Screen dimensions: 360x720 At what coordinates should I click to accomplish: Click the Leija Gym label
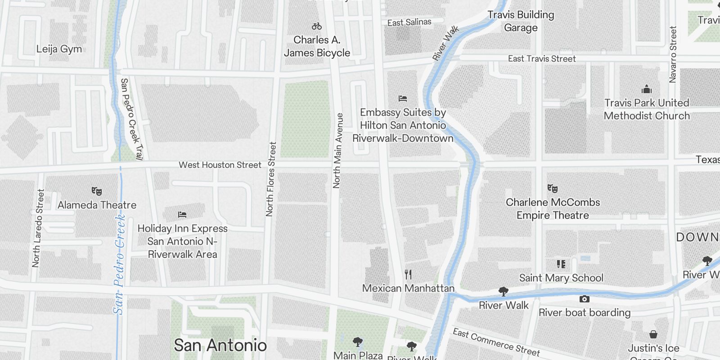point(59,49)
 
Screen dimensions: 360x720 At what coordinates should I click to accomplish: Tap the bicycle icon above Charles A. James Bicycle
point(317,27)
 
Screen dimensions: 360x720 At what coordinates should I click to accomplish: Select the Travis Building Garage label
point(521,21)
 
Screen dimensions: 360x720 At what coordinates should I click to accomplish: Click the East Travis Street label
point(542,59)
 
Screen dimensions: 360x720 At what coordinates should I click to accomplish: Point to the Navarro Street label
point(673,54)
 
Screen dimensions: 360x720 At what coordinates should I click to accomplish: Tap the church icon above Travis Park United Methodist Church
point(647,89)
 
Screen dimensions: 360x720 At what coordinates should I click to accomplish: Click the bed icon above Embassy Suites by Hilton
point(403,99)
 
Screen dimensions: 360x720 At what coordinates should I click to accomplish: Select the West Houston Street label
point(220,165)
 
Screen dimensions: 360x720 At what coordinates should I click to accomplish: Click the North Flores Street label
point(271,179)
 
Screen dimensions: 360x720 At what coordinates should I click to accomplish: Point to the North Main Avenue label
point(337,150)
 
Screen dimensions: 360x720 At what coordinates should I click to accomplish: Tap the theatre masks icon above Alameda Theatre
point(96,191)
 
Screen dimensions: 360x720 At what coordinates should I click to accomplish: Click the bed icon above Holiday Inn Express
point(182,215)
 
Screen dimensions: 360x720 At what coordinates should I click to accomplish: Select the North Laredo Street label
point(38,228)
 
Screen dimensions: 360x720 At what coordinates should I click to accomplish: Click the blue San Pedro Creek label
point(119,264)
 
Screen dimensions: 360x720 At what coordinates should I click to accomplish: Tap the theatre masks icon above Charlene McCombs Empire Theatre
point(553,189)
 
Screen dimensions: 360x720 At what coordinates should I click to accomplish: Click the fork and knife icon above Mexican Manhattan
point(408,274)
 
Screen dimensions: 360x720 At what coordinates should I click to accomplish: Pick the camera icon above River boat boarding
point(584,299)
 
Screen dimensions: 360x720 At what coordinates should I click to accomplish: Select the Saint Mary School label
point(561,278)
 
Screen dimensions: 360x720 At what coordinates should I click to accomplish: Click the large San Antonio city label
point(220,346)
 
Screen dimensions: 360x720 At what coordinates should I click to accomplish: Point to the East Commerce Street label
point(496,342)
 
